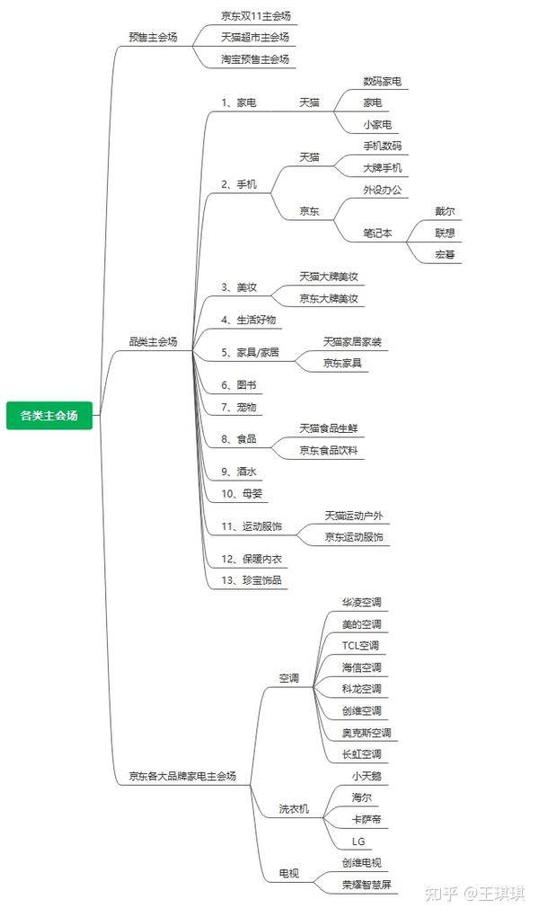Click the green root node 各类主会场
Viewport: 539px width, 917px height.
(x=49, y=416)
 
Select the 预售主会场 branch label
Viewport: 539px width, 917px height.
(x=153, y=37)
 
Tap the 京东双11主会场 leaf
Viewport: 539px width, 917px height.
(x=256, y=16)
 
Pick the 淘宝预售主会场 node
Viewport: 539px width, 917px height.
(x=255, y=59)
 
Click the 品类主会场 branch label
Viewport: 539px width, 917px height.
(x=153, y=341)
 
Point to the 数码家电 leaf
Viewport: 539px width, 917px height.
(x=382, y=82)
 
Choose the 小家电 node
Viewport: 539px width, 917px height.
(x=377, y=125)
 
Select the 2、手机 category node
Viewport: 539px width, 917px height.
(x=239, y=184)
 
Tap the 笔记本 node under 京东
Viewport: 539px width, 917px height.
(x=377, y=234)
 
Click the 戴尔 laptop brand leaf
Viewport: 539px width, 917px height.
(x=445, y=211)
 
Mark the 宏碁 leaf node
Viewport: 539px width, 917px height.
(x=445, y=255)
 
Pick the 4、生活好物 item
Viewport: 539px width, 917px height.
(x=248, y=320)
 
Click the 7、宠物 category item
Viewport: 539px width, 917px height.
(x=239, y=407)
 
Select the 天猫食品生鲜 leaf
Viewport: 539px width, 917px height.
(x=328, y=428)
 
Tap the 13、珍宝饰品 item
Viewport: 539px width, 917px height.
(x=251, y=580)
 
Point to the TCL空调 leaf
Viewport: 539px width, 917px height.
(x=360, y=646)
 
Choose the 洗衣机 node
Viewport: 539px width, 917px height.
(x=294, y=809)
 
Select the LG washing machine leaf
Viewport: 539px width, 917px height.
(x=358, y=842)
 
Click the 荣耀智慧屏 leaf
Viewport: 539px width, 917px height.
(x=367, y=885)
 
